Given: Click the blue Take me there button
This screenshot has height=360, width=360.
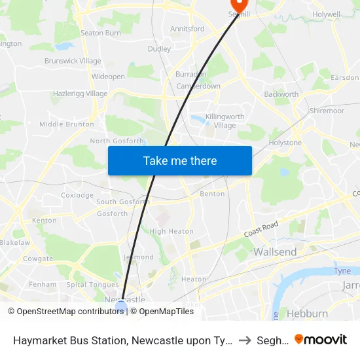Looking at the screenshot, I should point(180,160).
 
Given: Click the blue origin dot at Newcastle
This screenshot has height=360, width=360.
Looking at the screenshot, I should point(121,306).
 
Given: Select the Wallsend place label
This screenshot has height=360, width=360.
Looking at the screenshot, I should point(275,252).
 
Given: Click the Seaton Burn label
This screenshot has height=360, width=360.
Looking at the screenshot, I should point(100,33).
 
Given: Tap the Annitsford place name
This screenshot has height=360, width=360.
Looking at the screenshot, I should point(187,29).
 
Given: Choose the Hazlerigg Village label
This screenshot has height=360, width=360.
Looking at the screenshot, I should point(79,94).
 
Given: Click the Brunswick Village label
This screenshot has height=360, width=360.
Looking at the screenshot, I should point(73,61).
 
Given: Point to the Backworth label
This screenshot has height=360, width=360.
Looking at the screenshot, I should point(281,94).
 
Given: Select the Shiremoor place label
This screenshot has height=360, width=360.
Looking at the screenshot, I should point(327,111).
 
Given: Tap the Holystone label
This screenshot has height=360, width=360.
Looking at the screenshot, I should point(285,143).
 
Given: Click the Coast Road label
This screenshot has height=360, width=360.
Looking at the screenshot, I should point(261,228).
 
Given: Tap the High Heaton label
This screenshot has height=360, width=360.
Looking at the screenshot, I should point(171,231).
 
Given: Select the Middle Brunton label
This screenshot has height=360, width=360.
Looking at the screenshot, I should point(66,124).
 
